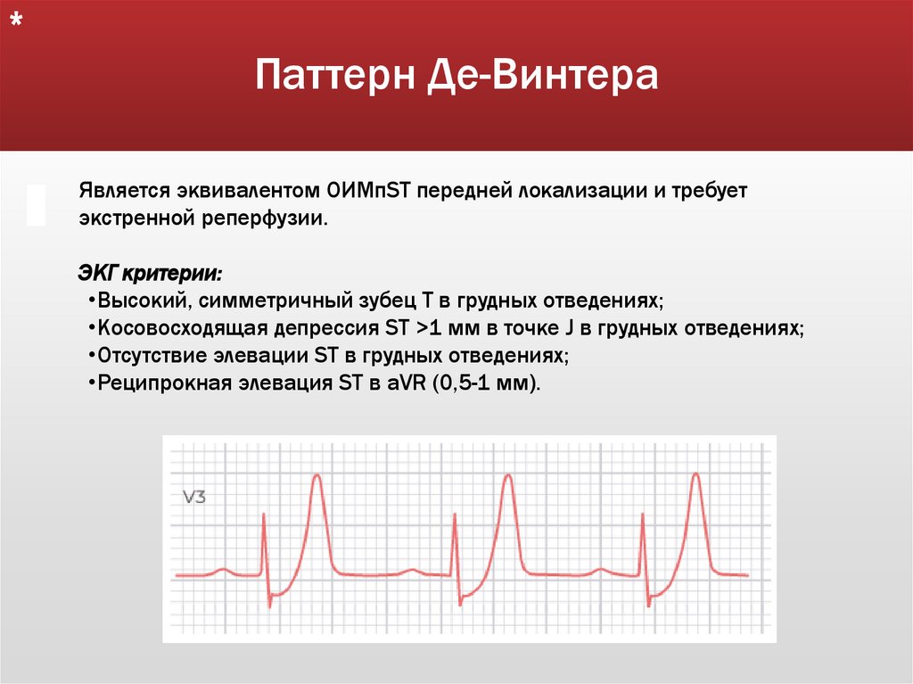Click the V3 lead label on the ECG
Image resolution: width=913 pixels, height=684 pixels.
pyautogui.click(x=194, y=498)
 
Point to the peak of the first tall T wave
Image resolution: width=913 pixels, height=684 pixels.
pyautogui.click(x=317, y=476)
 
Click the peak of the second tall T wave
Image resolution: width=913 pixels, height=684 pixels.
pyautogui.click(x=506, y=476)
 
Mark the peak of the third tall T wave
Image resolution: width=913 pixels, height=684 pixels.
pyautogui.click(x=696, y=476)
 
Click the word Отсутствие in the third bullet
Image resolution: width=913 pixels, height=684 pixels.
pyautogui.click(x=155, y=355)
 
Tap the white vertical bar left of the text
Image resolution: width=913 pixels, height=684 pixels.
pyautogui.click(x=37, y=205)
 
